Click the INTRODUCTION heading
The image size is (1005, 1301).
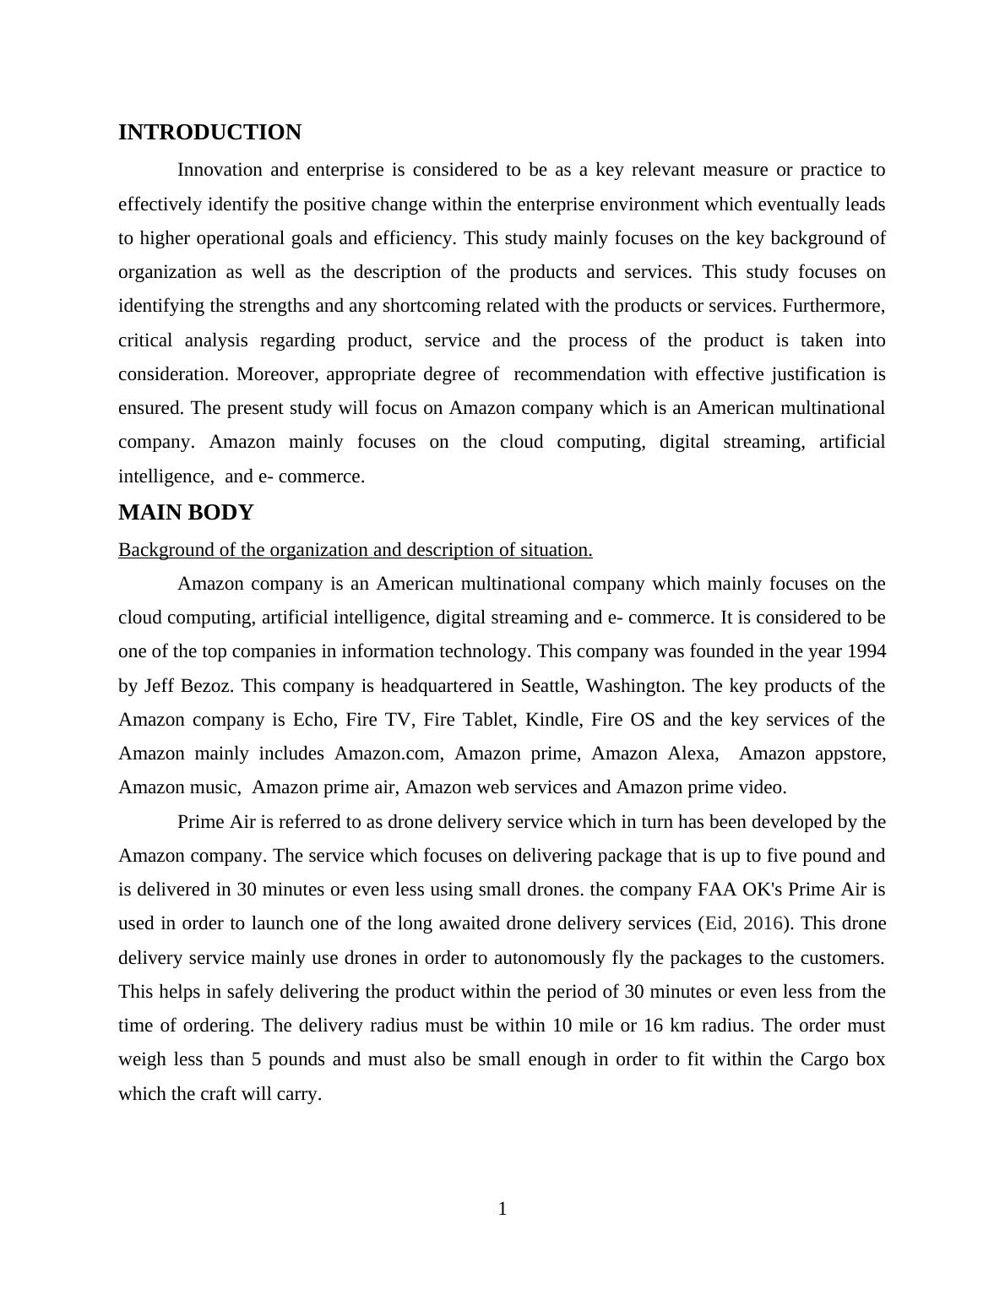tap(209, 133)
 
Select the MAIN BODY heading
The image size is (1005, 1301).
tap(186, 513)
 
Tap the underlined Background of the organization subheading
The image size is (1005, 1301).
tap(355, 550)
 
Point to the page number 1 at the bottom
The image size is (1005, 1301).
tap(502, 1209)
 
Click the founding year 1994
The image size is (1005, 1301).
tap(866, 651)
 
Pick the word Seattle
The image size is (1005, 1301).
tap(548, 685)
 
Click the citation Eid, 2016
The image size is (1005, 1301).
tap(743, 923)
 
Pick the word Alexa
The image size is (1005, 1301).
tap(693, 754)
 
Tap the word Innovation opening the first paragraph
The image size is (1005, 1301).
tap(220, 170)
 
